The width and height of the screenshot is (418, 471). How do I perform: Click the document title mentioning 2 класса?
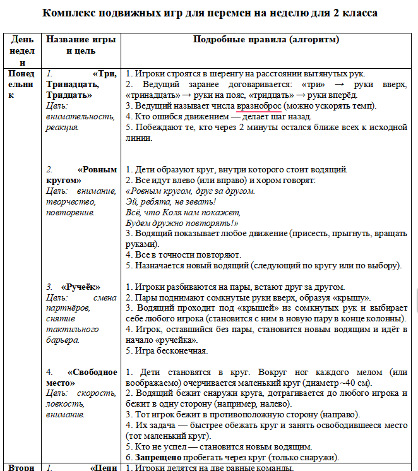[x=209, y=13]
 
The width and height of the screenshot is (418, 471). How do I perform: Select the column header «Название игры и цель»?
[x=81, y=45]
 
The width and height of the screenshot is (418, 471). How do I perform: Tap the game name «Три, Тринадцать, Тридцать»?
[x=82, y=84]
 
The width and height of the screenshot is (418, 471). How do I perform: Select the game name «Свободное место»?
[x=83, y=378]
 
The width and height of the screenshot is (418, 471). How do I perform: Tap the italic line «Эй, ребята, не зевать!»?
[x=170, y=202]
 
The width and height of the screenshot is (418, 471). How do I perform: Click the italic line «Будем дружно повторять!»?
[x=182, y=223]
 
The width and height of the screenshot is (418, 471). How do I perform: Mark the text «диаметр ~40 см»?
[x=340, y=383]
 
